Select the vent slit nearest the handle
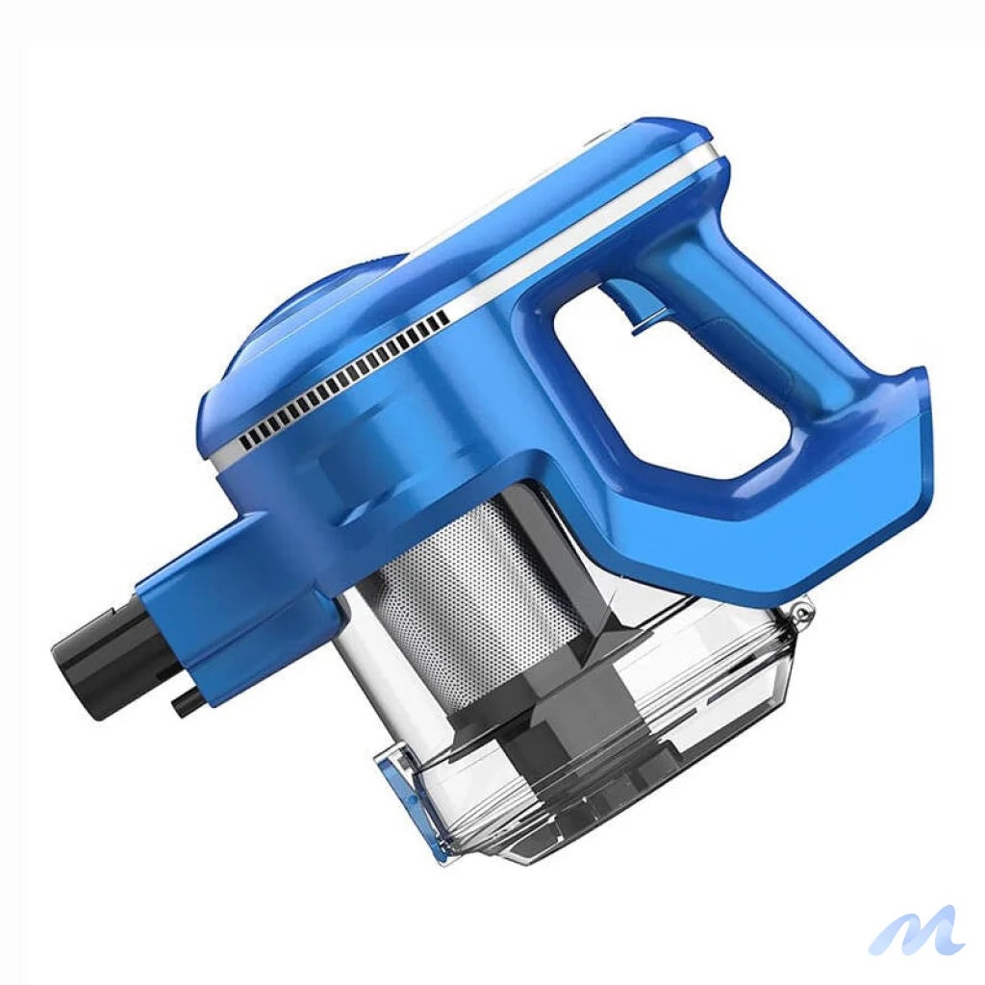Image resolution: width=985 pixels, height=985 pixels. coord(443,316)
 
